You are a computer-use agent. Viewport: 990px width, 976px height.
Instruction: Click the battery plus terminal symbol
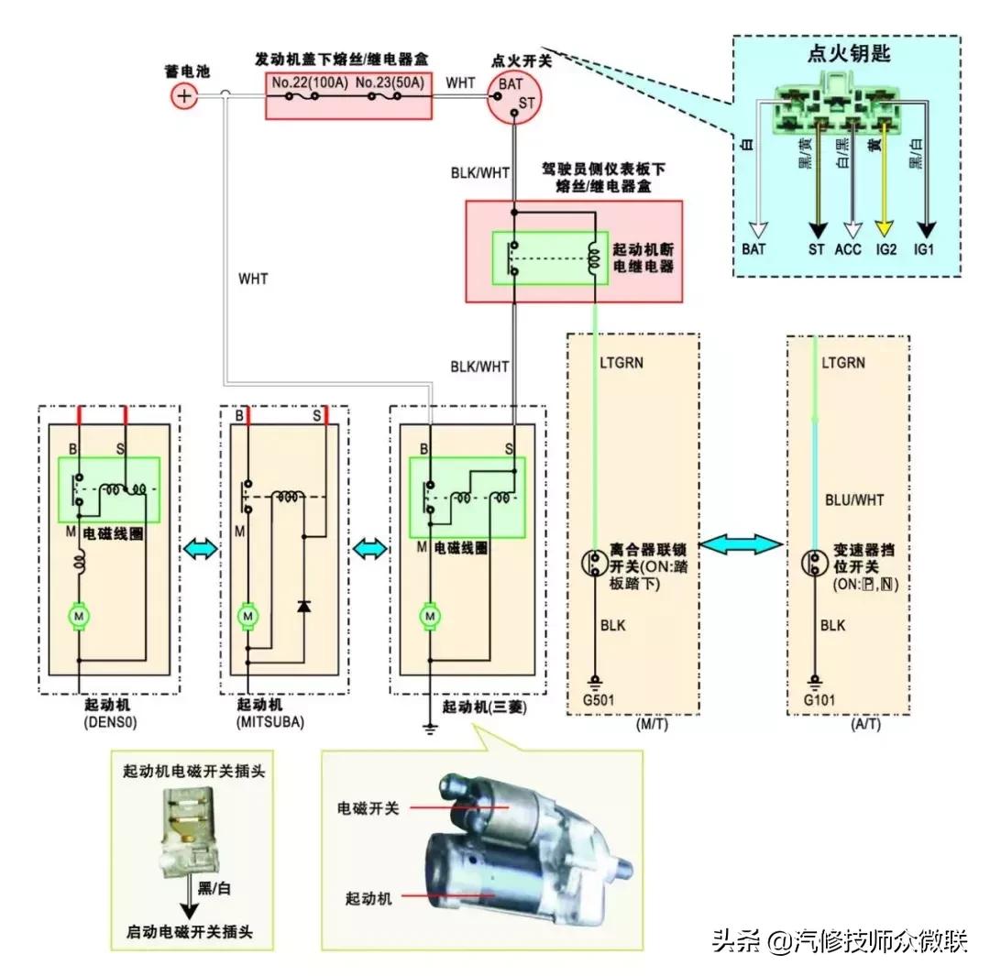185,95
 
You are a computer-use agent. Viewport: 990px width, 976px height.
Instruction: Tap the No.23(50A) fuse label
389,82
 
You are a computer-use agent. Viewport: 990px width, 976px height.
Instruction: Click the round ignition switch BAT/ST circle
514,95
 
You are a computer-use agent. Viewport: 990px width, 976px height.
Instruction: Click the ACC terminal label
849,249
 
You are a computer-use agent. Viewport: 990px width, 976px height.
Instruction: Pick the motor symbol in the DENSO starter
80,617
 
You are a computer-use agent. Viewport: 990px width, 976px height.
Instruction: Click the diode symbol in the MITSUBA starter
303,606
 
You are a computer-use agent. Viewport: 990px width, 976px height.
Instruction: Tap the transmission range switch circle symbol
816,561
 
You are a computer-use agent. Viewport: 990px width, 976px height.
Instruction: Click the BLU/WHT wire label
854,500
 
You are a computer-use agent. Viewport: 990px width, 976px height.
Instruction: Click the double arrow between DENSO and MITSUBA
201,548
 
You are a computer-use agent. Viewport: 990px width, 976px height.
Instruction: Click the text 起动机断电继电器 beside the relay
642,259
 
